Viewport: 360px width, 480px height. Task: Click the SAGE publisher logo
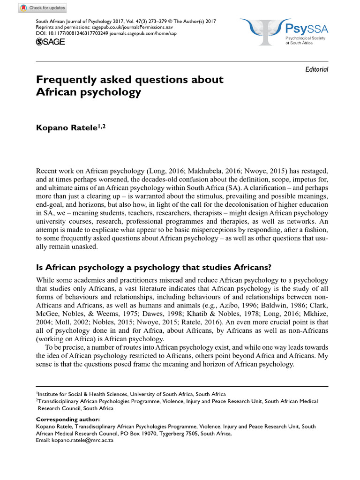[51, 42]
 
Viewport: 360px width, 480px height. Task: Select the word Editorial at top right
[316, 69]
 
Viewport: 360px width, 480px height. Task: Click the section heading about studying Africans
[154, 268]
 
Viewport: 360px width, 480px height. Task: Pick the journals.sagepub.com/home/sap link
[145, 34]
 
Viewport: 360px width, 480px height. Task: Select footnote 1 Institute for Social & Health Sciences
[131, 394]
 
